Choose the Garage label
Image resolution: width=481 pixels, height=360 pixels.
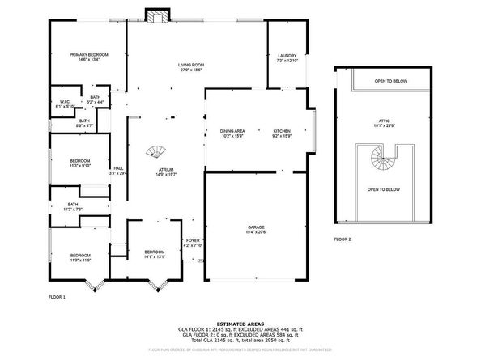256,230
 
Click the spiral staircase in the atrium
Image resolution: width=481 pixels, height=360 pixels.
153,152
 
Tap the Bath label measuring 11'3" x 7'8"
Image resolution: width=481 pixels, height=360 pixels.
73,206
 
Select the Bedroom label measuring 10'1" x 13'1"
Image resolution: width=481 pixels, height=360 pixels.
154,254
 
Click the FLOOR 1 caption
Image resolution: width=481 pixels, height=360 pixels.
57,298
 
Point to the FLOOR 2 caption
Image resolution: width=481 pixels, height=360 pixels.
343,239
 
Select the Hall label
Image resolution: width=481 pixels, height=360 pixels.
118,170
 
